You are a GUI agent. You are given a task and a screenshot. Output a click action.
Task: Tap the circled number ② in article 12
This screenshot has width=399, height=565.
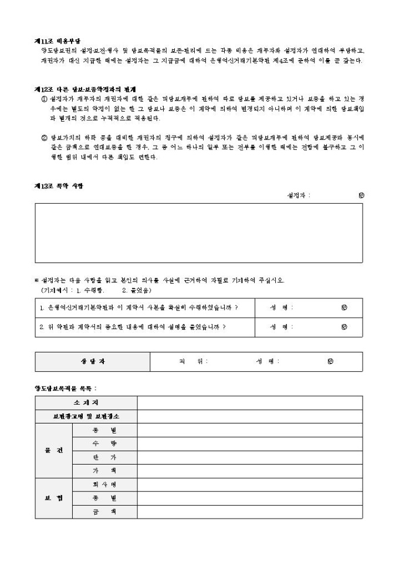point(45,138)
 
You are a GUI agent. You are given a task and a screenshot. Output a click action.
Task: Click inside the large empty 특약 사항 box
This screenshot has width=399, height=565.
point(198,233)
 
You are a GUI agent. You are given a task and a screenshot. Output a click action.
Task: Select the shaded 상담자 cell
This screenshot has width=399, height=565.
point(93,362)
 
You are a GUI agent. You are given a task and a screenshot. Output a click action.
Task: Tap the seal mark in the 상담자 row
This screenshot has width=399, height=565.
point(331,362)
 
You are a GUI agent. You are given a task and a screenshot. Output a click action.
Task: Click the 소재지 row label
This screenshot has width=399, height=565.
point(86,402)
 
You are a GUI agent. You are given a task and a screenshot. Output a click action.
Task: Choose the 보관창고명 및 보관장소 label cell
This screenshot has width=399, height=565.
point(86,416)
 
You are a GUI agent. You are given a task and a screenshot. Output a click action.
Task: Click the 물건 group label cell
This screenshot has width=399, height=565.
point(53,450)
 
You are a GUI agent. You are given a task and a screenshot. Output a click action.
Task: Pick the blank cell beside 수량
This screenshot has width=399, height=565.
point(249,443)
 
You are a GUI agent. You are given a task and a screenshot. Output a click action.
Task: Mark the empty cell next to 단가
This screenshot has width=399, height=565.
point(249,457)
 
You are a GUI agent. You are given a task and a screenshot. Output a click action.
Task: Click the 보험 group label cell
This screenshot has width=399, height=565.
point(53,499)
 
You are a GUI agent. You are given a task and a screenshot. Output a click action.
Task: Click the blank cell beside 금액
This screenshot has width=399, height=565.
point(249,512)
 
